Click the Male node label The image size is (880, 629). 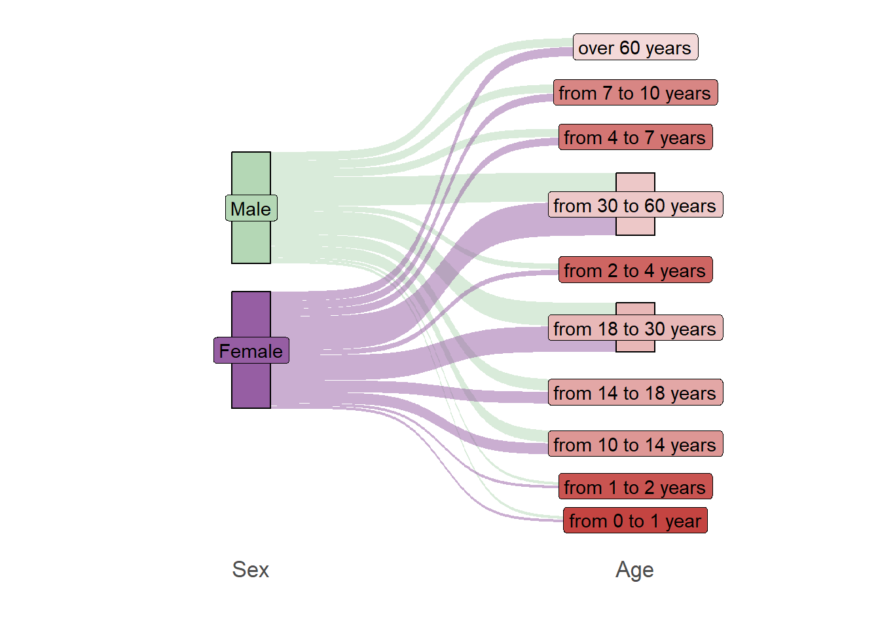coord(251,208)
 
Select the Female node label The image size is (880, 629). coord(251,351)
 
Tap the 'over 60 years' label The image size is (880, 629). coord(635,47)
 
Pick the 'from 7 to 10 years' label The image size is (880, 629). coord(635,92)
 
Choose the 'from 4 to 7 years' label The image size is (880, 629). coord(635,137)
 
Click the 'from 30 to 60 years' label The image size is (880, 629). coord(635,204)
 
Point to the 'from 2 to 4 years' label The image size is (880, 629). coord(635,270)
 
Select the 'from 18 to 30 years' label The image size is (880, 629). coord(635,328)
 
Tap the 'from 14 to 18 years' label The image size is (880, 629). coord(635,392)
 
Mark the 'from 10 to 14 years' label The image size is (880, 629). coord(635,444)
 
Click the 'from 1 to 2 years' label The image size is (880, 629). coord(635,486)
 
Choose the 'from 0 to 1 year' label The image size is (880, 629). coord(635,520)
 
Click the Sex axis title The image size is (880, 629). coord(251,569)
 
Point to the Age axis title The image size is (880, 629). coord(635,570)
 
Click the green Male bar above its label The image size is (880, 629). coord(251,174)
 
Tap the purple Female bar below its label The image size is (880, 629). coord(251,386)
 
